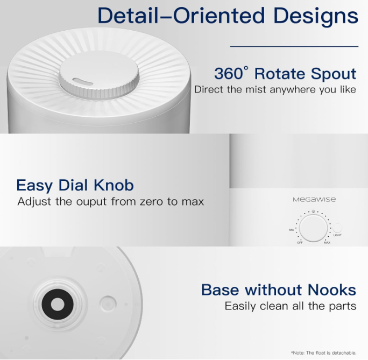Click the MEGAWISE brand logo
(x=314, y=200)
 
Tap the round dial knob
(x=313, y=228)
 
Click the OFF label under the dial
(x=300, y=243)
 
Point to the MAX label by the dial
(x=327, y=243)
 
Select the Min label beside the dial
(x=292, y=230)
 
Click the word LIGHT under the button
(x=337, y=235)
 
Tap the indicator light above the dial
(x=313, y=211)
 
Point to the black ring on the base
(x=58, y=304)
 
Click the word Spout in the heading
(x=334, y=74)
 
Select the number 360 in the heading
(x=228, y=74)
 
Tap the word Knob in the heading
(x=114, y=185)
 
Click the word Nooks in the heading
(x=332, y=290)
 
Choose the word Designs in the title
(x=316, y=17)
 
